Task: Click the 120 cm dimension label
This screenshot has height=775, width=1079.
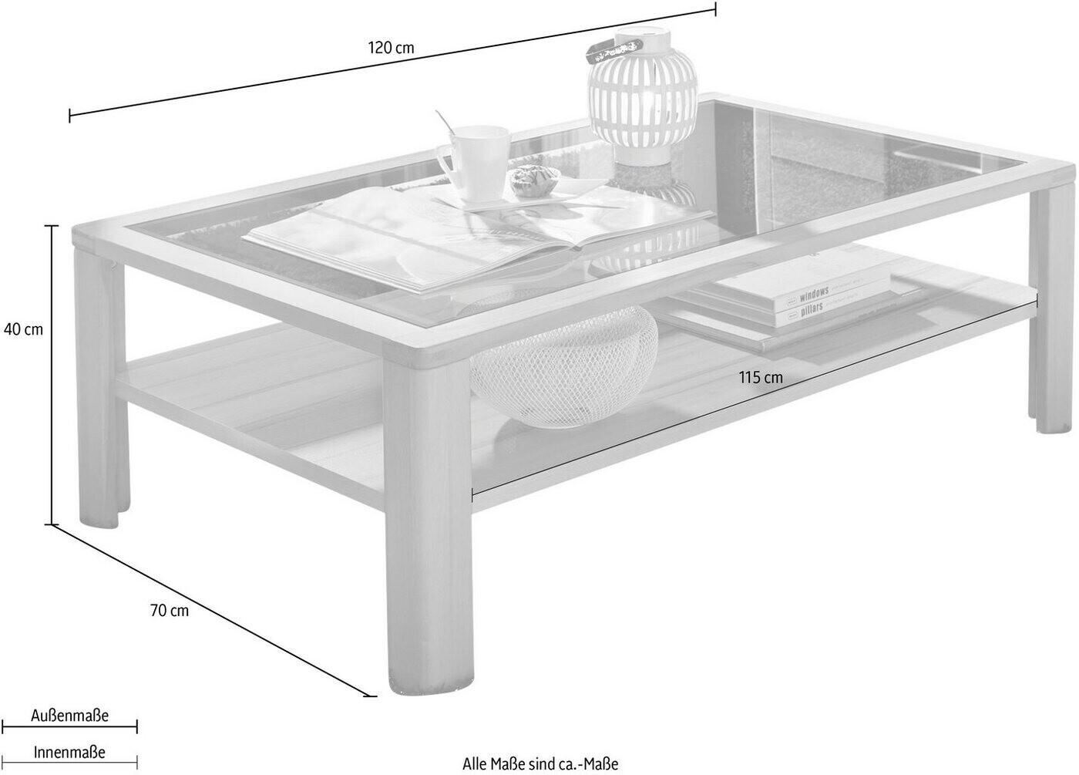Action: [391, 48]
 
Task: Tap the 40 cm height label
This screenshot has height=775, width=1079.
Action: [23, 329]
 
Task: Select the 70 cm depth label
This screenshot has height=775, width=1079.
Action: [169, 612]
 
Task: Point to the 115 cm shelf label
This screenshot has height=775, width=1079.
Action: [760, 377]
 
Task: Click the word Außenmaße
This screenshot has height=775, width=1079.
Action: [70, 716]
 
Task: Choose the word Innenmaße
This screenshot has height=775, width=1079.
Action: [69, 751]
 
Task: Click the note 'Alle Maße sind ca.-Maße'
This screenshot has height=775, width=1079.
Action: [540, 764]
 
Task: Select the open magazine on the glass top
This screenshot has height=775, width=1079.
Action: [432, 235]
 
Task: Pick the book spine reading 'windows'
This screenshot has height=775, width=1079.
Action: [814, 294]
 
